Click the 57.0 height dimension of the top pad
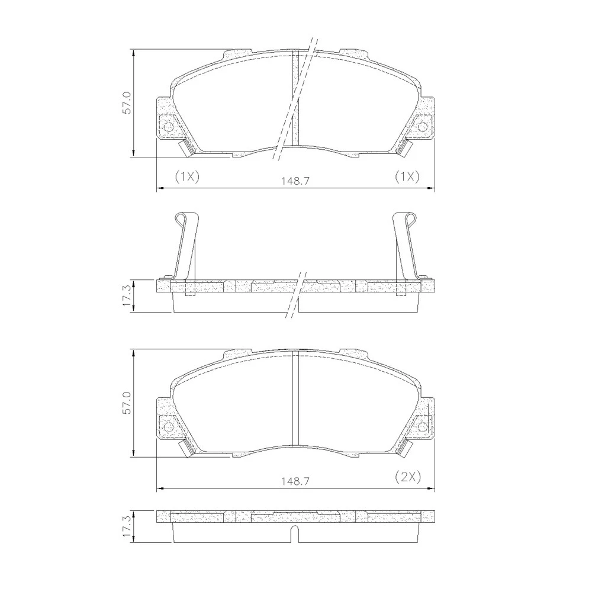(127, 102)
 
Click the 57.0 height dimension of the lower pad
(127, 403)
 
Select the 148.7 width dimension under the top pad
(295, 181)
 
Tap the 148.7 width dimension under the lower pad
(295, 481)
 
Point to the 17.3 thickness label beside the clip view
(127, 295)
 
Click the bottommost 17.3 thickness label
(127, 526)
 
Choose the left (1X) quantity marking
(187, 176)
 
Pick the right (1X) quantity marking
(407, 176)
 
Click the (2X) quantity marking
(408, 477)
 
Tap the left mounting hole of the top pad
(168, 127)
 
